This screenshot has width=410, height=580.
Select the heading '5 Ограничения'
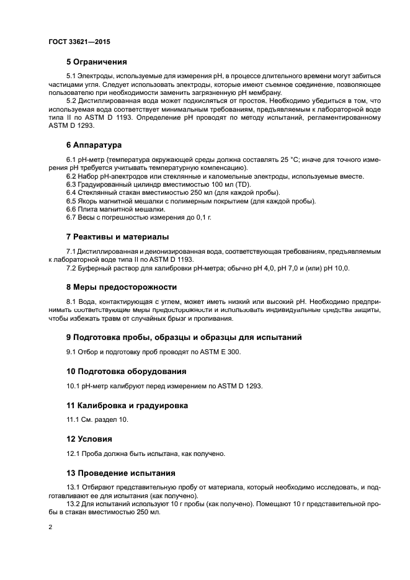coord(96,61)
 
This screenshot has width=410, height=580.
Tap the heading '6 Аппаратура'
coord(94,145)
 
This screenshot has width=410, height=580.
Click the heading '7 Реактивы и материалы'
coord(117,237)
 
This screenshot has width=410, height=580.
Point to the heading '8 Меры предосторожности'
coord(122,287)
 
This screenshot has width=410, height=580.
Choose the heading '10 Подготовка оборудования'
coord(126,372)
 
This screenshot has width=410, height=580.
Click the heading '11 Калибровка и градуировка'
coord(127,405)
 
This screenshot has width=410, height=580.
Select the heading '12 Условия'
coord(89,439)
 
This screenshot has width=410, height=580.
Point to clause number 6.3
coord(71,185)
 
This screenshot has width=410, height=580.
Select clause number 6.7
coord(71,218)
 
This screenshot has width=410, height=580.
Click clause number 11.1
coord(73,420)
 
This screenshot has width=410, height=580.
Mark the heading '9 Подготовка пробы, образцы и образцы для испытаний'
coord(184,338)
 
